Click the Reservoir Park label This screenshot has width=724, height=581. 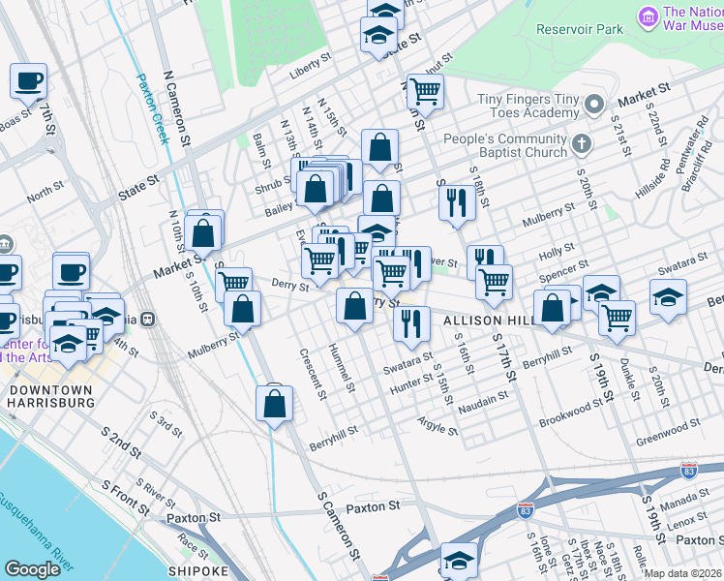click(580, 29)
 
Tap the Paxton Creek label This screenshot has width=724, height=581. click(152, 108)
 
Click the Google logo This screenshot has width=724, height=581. click(32, 569)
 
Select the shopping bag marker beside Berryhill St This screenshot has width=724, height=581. click(275, 404)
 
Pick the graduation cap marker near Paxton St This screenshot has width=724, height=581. click(459, 561)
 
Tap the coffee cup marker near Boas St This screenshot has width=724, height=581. click(29, 80)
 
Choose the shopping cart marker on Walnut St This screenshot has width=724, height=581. click(425, 92)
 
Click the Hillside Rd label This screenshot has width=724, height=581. click(659, 175)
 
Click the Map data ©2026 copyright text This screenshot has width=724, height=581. click(682, 573)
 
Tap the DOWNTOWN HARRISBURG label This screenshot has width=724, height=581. click(51, 397)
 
